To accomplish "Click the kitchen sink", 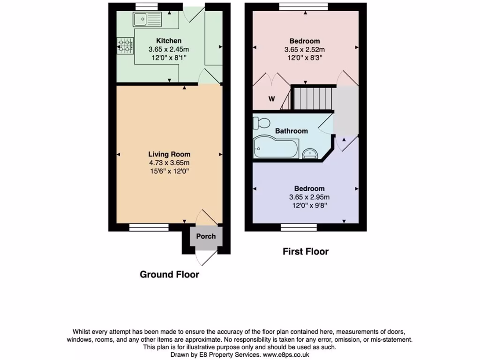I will click(147, 19).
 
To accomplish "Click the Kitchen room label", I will click(169, 41).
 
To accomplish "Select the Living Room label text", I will click(169, 154).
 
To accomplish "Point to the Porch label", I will click(206, 236).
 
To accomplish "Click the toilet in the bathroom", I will click(261, 123).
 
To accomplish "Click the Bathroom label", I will click(291, 131).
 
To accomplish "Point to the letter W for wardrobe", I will click(271, 99).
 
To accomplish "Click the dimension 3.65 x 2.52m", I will click(305, 49).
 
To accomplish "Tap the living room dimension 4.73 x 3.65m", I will click(169, 163).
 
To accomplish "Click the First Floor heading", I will click(306, 252).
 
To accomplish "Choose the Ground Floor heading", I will click(169, 275).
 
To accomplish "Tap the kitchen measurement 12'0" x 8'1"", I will click(169, 58).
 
